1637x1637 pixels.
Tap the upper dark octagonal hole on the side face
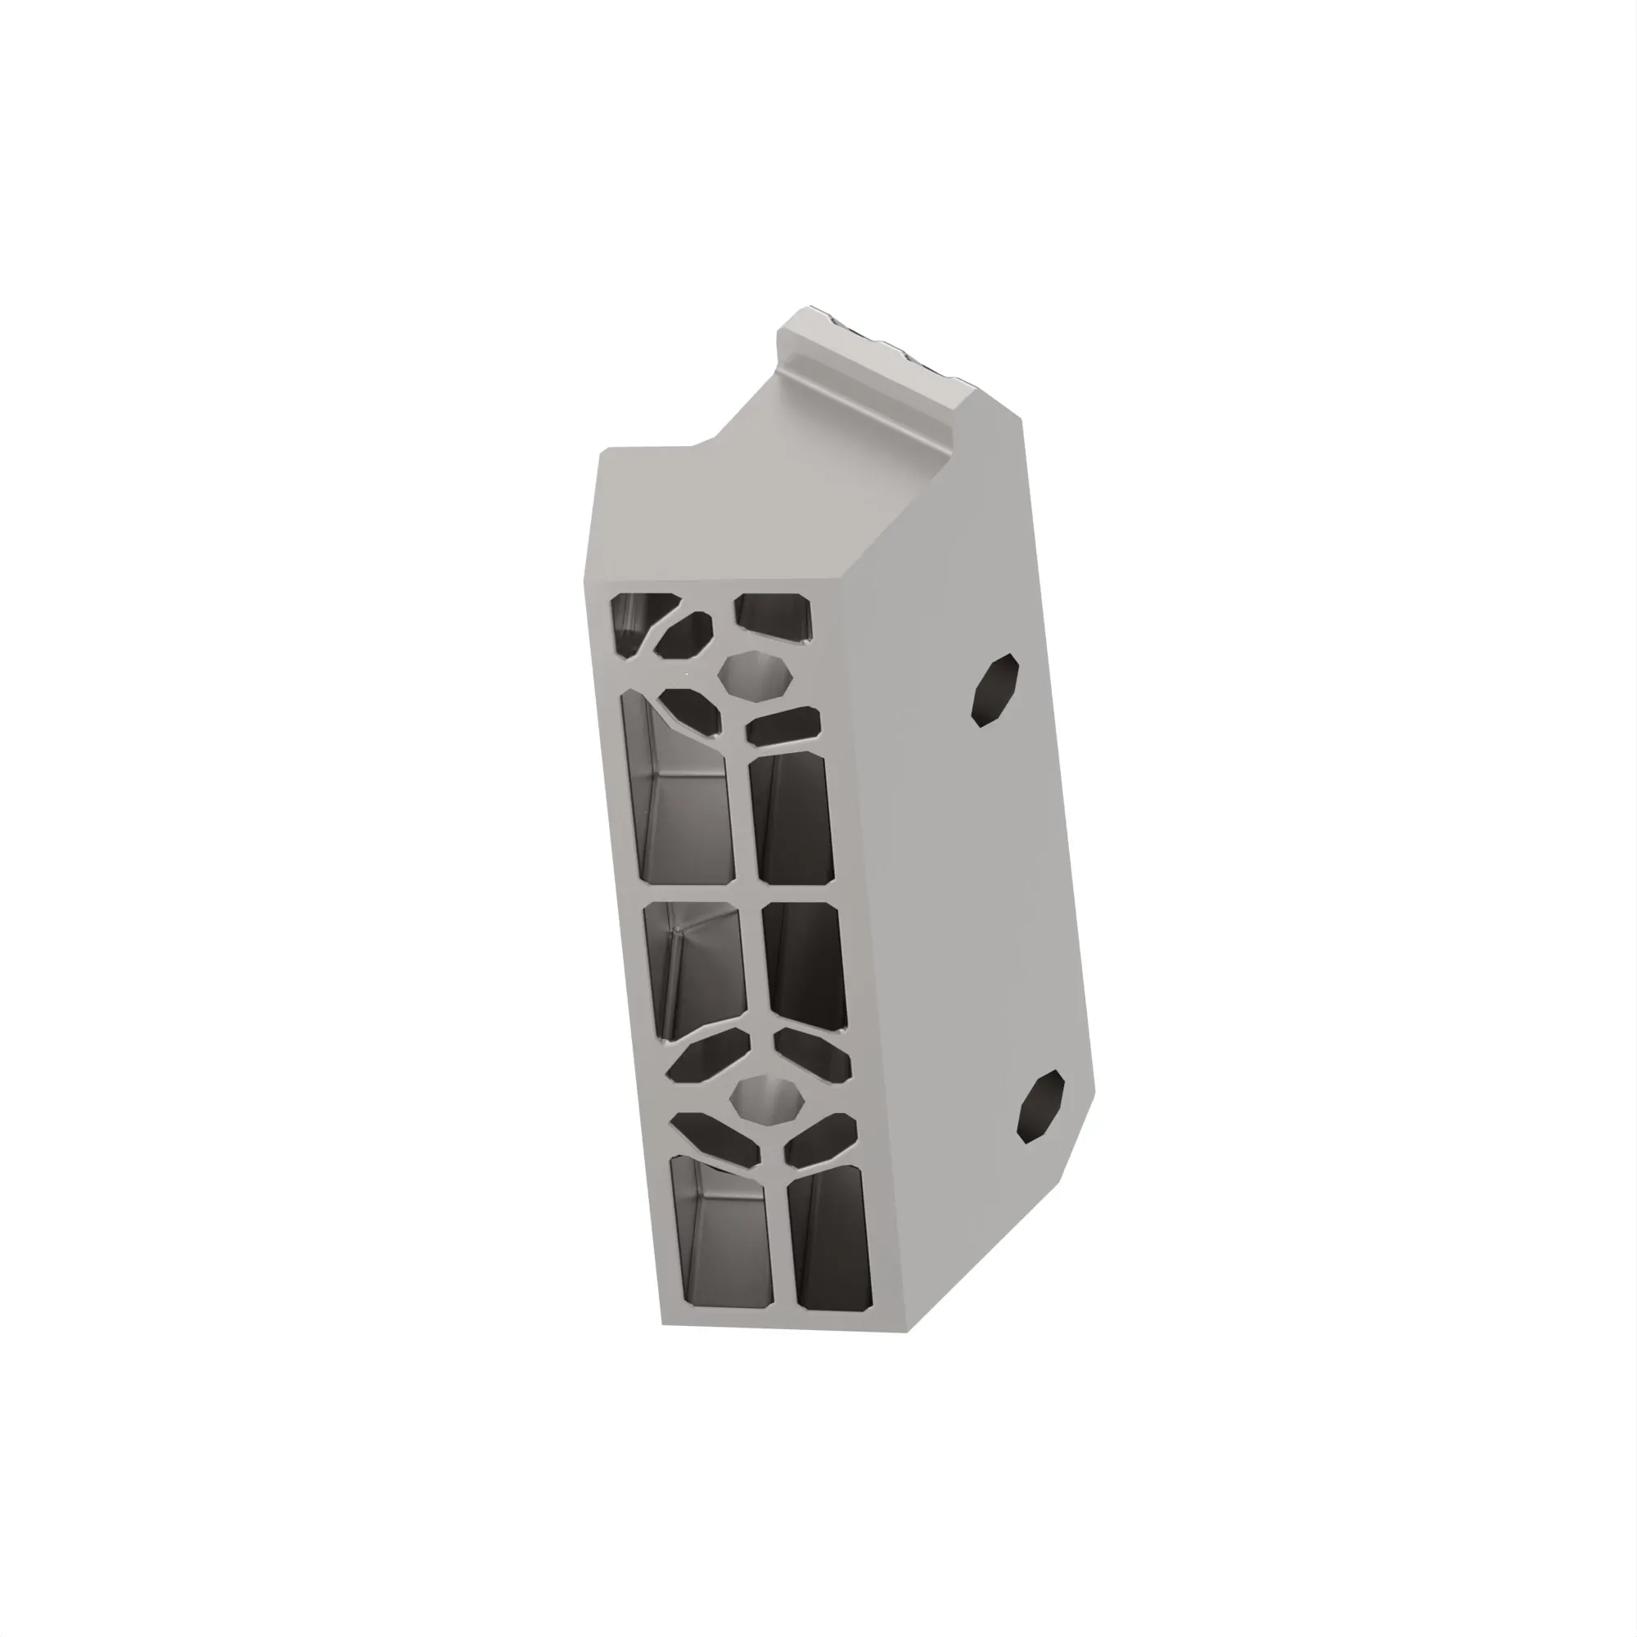(994, 690)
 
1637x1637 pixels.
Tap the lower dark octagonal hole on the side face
(1040, 1105)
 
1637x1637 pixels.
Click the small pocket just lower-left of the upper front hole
(691, 710)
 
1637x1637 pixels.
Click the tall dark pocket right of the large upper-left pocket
(793, 818)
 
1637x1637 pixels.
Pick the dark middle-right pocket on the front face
(805, 966)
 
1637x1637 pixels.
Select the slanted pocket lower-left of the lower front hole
(717, 1135)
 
